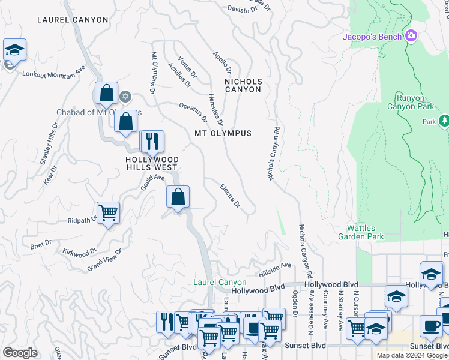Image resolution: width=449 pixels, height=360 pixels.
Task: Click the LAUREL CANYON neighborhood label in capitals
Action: [73, 20]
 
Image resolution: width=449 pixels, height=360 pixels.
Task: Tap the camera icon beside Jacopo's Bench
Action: [411, 36]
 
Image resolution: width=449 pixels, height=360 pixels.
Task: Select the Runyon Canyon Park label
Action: [415, 102]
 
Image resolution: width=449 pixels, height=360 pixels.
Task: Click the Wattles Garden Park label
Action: [365, 232]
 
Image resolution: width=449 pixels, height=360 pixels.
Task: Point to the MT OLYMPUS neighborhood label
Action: [223, 133]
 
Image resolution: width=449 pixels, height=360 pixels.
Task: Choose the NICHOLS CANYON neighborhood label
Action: [243, 85]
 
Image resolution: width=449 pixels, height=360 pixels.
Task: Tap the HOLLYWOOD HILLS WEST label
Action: [151, 164]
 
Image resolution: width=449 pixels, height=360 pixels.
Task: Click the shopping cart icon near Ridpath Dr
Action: [108, 212]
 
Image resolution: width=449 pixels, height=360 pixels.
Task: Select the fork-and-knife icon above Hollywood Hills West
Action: [152, 141]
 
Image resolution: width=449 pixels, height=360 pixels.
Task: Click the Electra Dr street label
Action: [230, 196]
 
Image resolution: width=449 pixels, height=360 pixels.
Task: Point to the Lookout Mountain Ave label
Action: [54, 74]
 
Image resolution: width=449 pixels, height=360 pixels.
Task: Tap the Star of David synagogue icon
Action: [125, 96]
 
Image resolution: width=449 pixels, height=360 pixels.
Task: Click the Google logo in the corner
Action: [20, 353]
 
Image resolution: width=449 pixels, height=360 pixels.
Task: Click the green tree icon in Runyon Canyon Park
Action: [444, 121]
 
